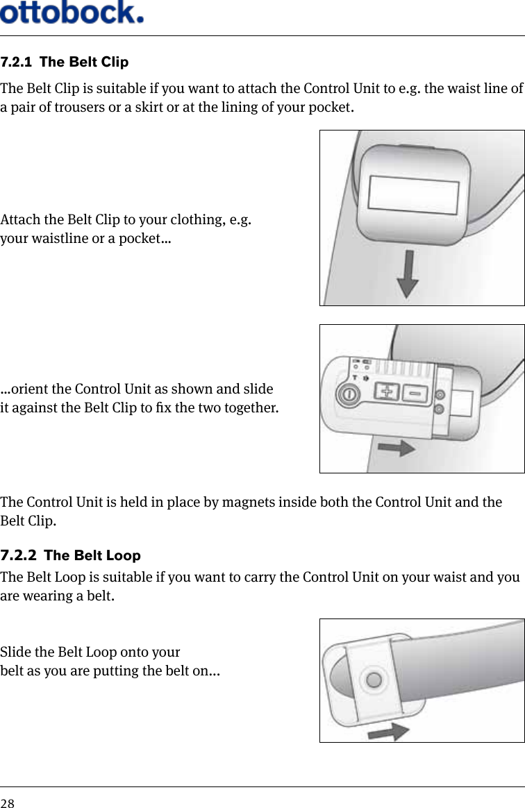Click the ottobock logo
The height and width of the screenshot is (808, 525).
(72, 12)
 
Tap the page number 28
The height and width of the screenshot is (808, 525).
(7, 803)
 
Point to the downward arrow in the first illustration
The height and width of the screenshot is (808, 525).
(408, 273)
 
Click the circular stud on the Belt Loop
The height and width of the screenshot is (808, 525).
(374, 680)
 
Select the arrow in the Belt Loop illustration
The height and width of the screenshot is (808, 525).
(387, 730)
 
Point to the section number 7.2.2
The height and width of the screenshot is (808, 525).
(18, 556)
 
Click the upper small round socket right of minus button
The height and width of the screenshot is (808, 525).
(440, 395)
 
